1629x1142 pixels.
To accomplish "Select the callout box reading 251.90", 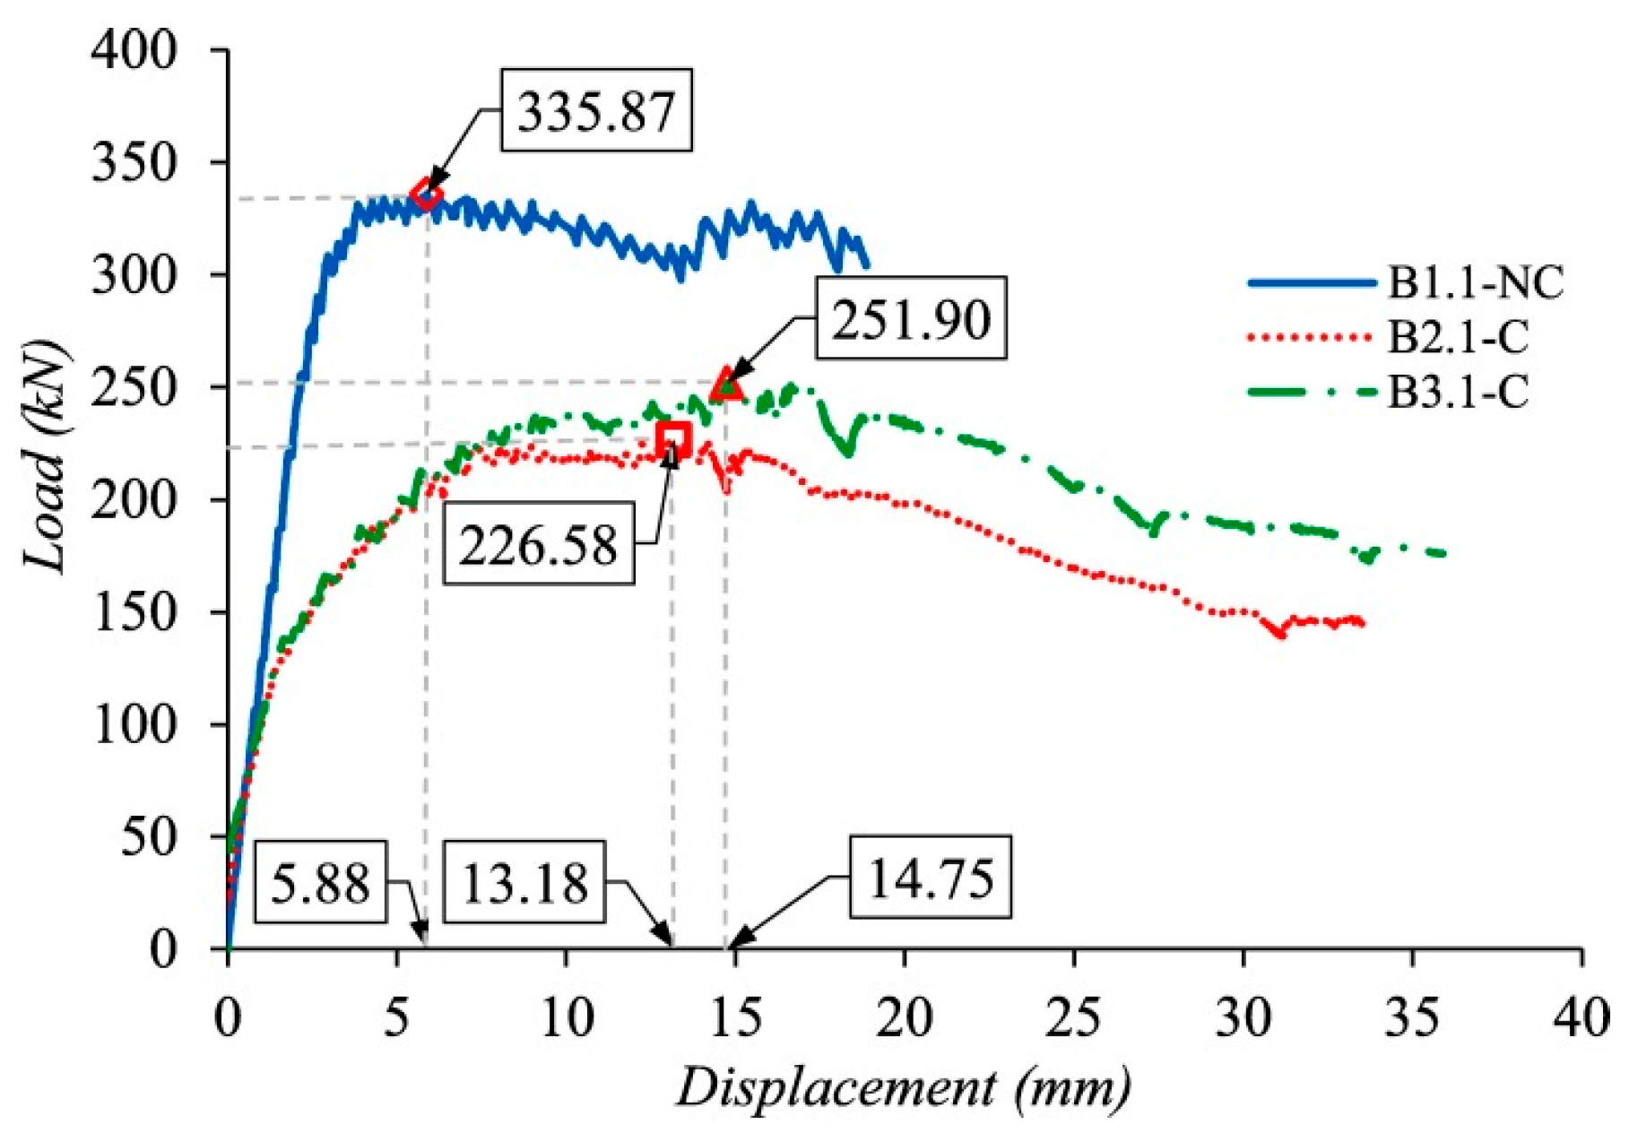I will pos(910,319).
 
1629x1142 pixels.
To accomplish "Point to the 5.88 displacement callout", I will pos(321,882).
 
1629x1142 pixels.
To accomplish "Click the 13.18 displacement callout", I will pos(525,882).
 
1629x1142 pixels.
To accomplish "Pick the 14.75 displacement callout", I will pos(931,877).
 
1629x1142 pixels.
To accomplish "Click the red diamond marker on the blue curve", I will pos(426,194).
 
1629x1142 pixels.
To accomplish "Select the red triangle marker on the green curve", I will pos(725,385).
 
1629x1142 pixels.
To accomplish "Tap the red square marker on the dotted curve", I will pos(673,439).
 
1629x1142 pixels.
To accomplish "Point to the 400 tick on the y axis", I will pos(134,50).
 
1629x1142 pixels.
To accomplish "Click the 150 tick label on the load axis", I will pos(134,612).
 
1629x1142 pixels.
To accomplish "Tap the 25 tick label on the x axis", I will pos(1073,1017).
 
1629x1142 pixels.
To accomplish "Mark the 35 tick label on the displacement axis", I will pos(1411,1017).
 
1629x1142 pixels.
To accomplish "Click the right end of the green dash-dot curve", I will pos(1443,554).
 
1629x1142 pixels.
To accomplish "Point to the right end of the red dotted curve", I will pos(1362,622).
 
